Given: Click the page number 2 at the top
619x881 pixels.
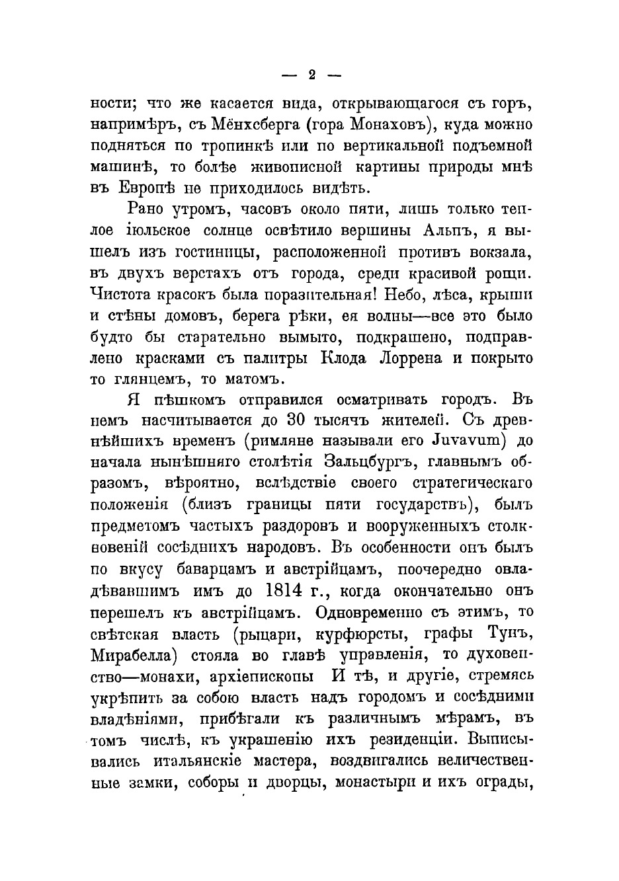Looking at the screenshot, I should [x=311, y=75].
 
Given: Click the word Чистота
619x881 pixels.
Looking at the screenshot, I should [x=122, y=294].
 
